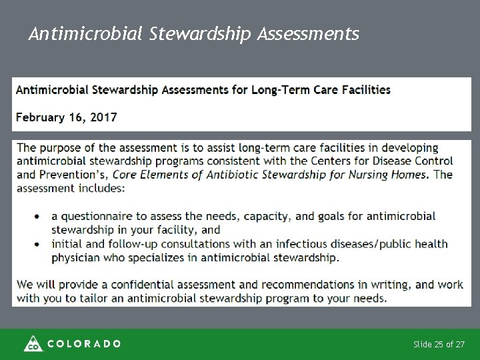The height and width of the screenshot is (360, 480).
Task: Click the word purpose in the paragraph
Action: click(x=66, y=148)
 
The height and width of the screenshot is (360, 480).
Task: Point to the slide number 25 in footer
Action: click(x=439, y=344)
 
